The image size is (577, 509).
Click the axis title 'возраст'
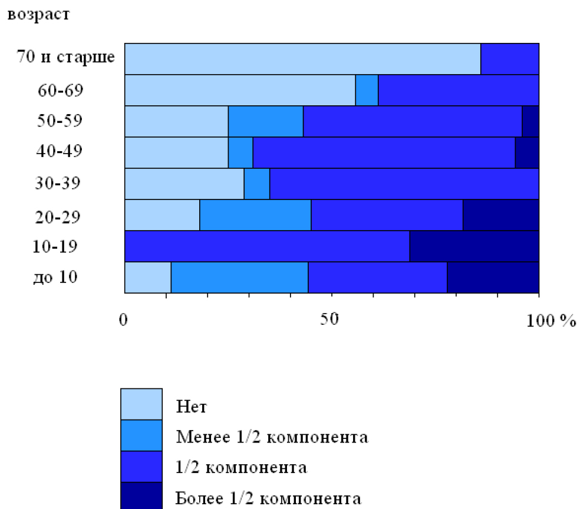[x=38, y=14]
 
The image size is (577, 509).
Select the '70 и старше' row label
[x=66, y=58]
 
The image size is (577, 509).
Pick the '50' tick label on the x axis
[x=331, y=320]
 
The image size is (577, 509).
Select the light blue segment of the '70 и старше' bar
[x=302, y=59]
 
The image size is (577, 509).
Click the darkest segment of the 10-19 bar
[x=474, y=246]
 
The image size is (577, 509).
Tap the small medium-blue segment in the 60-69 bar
[x=367, y=90]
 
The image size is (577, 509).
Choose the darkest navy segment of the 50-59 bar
[x=530, y=121]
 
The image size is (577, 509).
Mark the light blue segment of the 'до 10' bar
[x=147, y=277]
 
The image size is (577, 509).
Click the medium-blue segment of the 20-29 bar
[x=255, y=215]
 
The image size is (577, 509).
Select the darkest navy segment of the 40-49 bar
[x=527, y=152]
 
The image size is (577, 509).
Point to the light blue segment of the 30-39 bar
[x=184, y=184]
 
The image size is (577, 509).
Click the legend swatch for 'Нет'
[x=141, y=404]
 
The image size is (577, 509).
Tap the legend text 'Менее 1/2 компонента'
[x=272, y=437]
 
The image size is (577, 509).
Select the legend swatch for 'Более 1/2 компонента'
[x=141, y=495]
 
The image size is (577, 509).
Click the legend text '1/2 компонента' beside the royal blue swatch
[x=242, y=468]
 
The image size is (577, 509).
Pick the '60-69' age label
[x=60, y=90]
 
